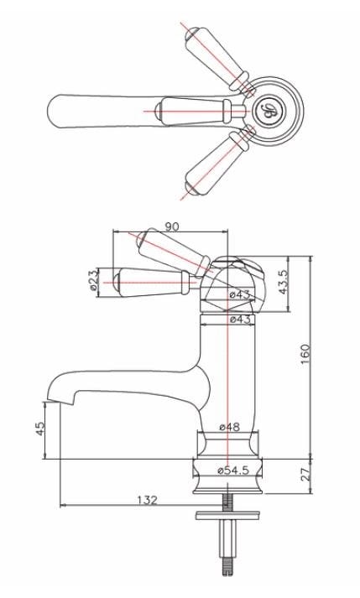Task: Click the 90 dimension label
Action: point(172,226)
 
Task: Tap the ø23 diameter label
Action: point(94,281)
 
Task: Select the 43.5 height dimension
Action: point(283,281)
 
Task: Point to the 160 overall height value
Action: point(305,354)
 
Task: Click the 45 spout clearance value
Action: point(39,428)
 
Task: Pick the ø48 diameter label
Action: point(229,427)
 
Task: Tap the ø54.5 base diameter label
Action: point(233,471)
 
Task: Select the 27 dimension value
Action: point(306,476)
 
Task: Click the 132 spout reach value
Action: point(147,500)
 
